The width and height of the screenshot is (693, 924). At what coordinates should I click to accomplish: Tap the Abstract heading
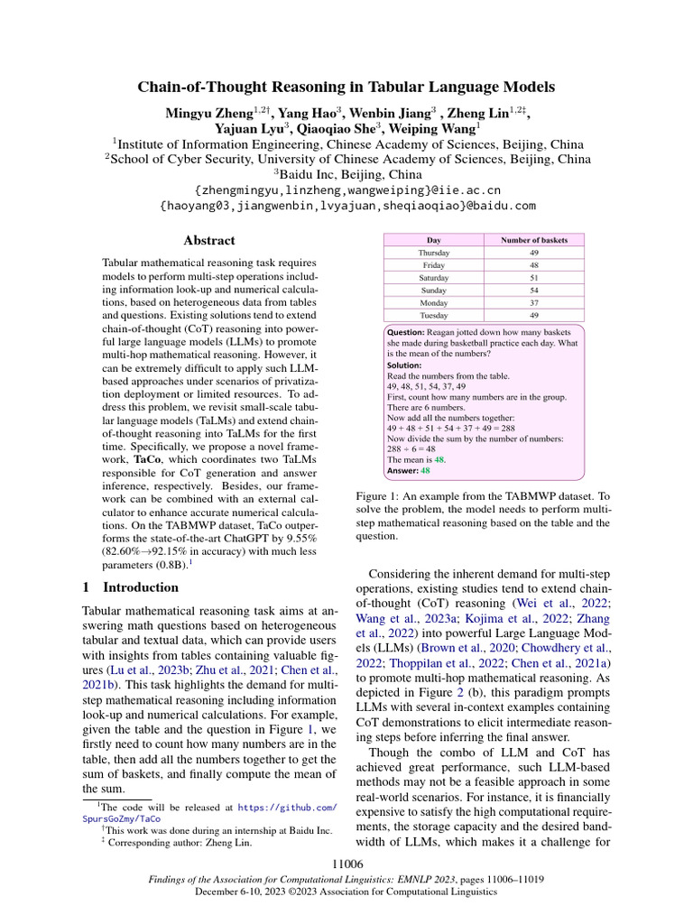(208, 240)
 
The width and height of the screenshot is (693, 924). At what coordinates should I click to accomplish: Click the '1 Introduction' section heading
(130, 587)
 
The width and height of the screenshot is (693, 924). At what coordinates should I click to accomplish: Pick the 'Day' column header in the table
(434, 240)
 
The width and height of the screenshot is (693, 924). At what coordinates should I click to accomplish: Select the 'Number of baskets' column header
(533, 240)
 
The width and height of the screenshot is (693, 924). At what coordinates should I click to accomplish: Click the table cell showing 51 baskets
(533, 278)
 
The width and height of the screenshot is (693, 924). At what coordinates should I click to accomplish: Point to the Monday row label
(434, 303)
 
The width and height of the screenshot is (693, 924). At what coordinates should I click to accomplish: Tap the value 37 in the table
(533, 303)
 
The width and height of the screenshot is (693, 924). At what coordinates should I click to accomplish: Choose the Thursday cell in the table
(434, 253)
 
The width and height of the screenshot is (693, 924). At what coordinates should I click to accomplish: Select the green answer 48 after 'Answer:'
(426, 470)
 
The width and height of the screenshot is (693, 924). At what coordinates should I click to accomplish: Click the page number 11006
(346, 864)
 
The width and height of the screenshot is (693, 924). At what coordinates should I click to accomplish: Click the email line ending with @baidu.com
(346, 206)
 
